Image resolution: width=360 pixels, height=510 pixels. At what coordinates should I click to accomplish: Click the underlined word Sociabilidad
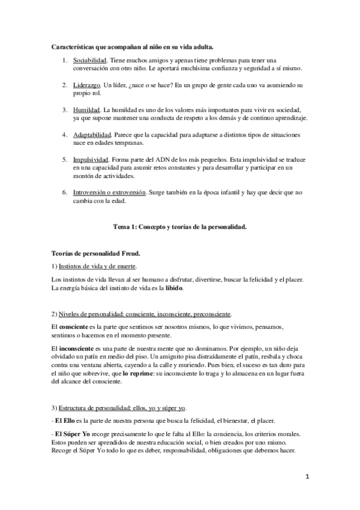[90, 61]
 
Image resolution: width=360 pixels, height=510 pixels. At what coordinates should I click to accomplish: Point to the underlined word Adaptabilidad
[91, 135]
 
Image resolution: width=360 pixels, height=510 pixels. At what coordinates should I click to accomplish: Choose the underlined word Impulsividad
[90, 160]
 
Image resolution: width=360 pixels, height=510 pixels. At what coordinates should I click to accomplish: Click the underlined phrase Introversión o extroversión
[109, 192]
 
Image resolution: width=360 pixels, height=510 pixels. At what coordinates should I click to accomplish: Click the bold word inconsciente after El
[78, 348]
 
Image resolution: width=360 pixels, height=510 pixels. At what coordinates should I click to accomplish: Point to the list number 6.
[64, 192]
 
